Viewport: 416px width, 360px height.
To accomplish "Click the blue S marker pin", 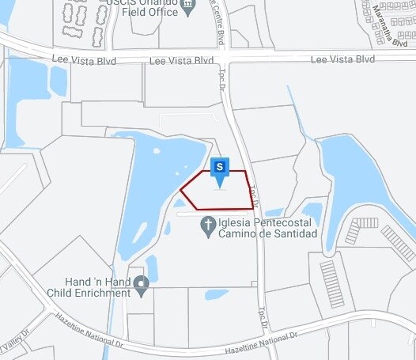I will [221, 167].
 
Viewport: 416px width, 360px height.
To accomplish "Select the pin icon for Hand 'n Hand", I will [142, 283].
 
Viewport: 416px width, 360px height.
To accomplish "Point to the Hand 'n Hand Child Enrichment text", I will [98, 287].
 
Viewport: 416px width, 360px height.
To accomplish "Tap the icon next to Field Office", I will [187, 9].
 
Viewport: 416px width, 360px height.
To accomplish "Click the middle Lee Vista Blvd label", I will [182, 60].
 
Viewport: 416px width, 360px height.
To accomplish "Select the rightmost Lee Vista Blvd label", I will [342, 59].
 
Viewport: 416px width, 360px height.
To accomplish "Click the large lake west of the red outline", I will [150, 186].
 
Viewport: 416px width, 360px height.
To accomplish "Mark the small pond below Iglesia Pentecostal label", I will [216, 294].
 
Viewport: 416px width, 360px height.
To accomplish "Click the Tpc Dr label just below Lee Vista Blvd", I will [223, 79].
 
